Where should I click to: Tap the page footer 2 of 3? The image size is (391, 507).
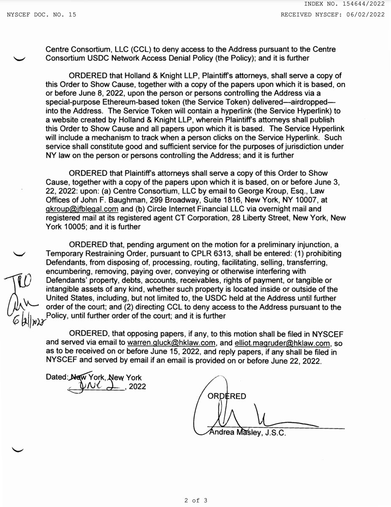tap(196, 501)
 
